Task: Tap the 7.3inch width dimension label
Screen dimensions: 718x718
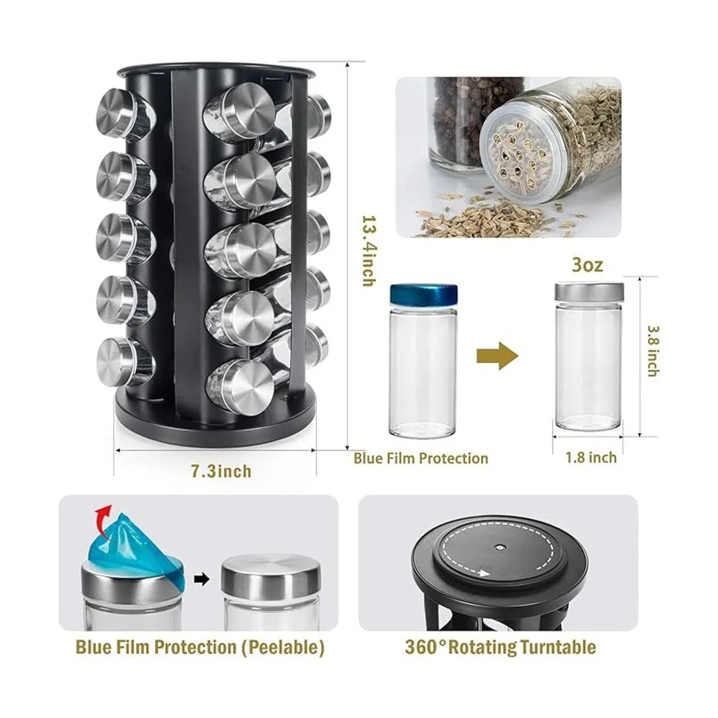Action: [x=221, y=471]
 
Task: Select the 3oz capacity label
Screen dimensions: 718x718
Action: [x=587, y=264]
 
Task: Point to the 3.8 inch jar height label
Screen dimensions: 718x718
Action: [x=653, y=351]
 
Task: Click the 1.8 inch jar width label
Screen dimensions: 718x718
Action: [x=591, y=457]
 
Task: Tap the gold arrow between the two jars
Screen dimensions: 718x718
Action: [x=497, y=356]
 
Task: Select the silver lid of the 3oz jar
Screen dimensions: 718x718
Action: [x=589, y=292]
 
